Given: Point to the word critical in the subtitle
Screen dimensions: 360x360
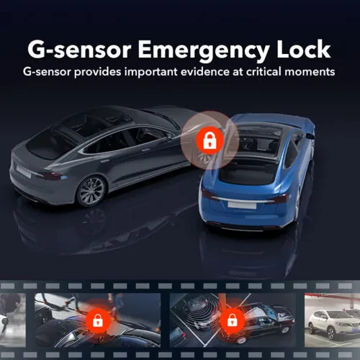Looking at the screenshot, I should [262, 73].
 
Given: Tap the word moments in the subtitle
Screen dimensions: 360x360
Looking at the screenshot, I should [310, 73].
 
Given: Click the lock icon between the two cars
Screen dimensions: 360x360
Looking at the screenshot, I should [209, 140].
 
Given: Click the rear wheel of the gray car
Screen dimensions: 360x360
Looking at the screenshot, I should [91, 190].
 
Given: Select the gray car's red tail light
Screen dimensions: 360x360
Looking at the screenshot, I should [52, 174].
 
